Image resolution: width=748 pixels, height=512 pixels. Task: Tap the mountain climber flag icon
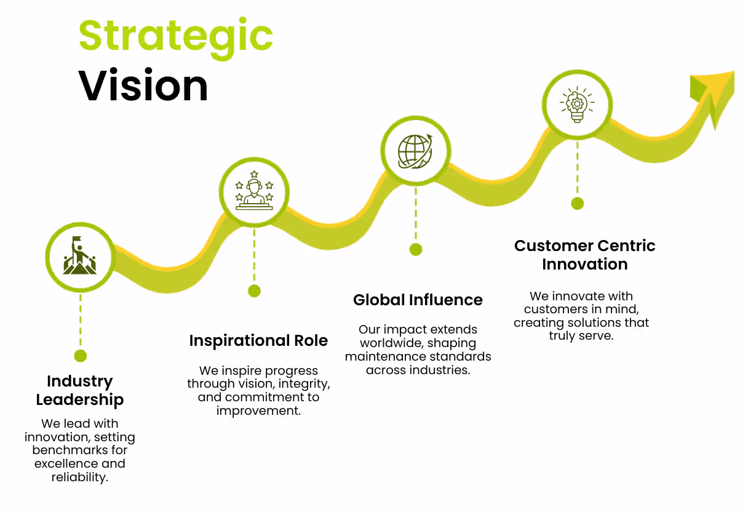(79, 257)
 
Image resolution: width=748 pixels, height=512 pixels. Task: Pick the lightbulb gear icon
(576, 103)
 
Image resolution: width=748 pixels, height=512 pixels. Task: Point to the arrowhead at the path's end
(714, 92)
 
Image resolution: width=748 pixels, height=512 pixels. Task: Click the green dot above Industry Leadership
(80, 356)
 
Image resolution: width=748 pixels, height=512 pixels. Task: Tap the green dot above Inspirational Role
(254, 291)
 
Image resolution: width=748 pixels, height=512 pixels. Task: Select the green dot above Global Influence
(416, 249)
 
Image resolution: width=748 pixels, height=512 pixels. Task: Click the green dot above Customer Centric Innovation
(577, 203)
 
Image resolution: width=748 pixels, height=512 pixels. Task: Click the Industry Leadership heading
(80, 390)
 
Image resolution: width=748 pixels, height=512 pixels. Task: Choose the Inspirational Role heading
(258, 340)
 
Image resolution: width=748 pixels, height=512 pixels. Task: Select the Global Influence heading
(418, 300)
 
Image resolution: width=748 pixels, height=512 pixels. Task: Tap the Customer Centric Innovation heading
(584, 255)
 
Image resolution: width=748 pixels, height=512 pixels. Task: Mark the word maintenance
(382, 356)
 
